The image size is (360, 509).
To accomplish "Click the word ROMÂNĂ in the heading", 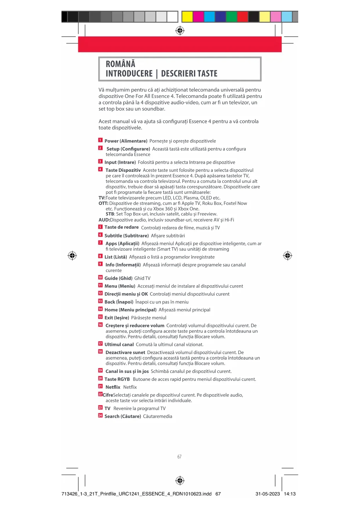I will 120,64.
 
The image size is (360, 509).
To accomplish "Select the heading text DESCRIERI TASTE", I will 189,74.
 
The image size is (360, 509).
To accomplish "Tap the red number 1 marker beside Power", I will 100,140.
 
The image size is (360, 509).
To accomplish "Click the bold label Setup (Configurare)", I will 128,149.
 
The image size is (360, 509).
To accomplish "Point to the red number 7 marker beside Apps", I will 100,243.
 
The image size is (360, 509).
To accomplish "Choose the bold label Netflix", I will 113,387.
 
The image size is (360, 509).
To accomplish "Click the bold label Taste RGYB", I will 117,379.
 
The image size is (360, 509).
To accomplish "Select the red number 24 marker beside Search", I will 100,416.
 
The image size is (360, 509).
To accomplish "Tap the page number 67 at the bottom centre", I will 179,457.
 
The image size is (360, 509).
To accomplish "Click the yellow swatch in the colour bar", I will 187,17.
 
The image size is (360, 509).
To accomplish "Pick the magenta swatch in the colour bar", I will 198,17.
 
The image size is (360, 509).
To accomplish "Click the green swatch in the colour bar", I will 231,17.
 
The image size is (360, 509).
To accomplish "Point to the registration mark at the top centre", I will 180,30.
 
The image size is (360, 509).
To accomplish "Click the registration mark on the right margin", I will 287,256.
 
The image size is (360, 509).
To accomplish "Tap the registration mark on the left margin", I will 72,256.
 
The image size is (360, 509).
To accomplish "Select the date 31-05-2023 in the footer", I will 267,494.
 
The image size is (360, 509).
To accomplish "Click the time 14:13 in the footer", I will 290,494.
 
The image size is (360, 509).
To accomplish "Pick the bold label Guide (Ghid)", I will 118,278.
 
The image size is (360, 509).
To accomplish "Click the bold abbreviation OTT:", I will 103,203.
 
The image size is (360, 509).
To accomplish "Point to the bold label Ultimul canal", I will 119,344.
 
